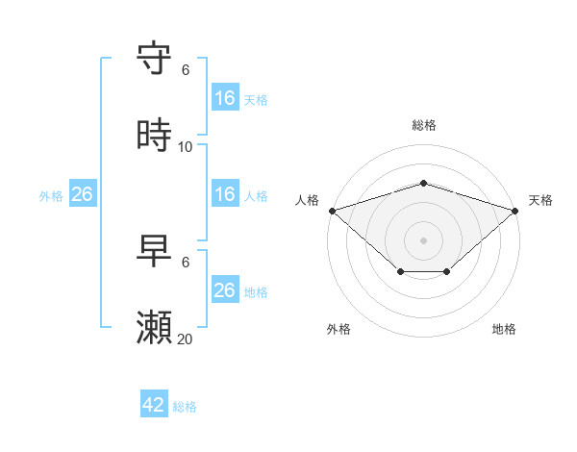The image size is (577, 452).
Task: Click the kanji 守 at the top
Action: pos(155,59)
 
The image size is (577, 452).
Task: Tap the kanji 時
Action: pos(155,136)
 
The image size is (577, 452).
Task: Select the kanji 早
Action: pos(155,252)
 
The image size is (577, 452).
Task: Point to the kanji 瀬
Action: pos(155,328)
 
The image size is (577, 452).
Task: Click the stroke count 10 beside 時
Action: pos(186,146)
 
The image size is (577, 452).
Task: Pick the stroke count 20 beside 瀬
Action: pos(186,339)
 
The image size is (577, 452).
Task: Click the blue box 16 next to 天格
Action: pos(225,98)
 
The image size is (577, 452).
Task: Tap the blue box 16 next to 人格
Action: pos(225,194)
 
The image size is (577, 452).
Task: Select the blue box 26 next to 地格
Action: pos(225,290)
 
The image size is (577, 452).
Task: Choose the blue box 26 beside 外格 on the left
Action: pos(82,194)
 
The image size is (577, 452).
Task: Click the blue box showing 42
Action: pos(154,405)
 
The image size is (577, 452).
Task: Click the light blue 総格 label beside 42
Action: pos(185,406)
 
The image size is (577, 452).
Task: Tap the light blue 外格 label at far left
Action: pos(51,195)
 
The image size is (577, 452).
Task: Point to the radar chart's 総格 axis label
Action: pos(423,125)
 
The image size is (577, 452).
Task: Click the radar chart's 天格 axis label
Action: pos(540,200)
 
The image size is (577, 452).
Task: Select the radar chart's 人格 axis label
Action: pos(307,200)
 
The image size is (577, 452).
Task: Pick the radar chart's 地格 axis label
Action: pos(504,329)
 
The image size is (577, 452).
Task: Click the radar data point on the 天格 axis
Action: pos(515,210)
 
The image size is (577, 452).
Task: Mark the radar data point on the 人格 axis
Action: pos(332,210)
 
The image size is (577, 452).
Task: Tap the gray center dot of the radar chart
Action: pos(423,239)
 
